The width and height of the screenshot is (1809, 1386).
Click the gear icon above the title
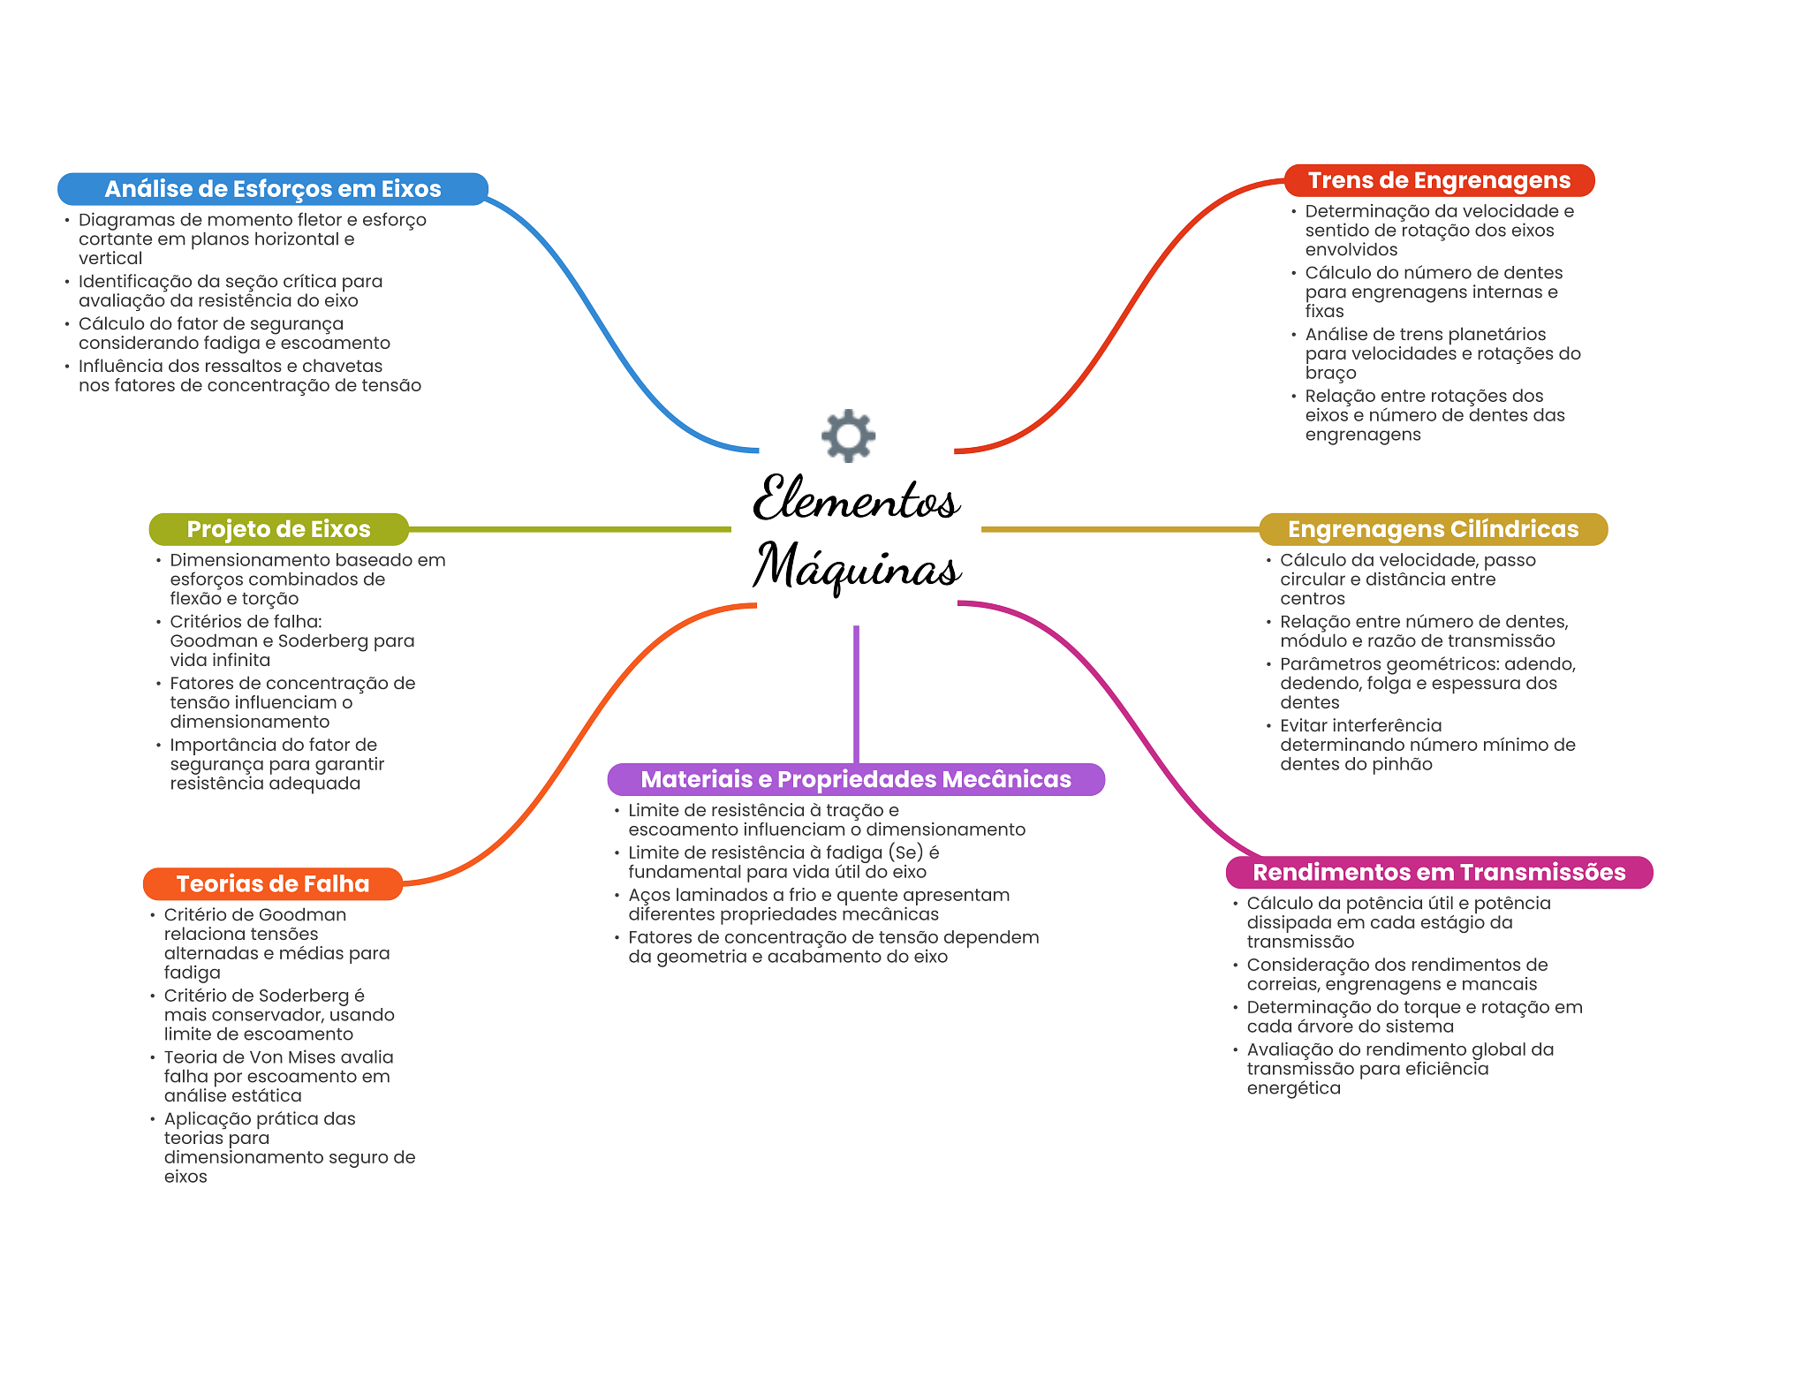(848, 435)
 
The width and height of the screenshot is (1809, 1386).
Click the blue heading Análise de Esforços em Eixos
(273, 189)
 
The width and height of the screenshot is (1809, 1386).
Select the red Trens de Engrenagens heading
(1439, 180)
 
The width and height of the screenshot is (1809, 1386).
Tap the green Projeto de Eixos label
(278, 529)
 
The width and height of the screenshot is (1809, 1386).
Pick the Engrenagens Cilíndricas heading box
(1433, 529)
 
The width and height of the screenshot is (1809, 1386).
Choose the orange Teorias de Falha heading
(272, 884)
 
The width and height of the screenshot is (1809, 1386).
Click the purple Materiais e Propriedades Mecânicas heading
(856, 779)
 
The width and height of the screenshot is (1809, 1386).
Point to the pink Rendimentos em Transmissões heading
(1439, 873)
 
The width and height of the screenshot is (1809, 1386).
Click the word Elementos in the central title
(856, 499)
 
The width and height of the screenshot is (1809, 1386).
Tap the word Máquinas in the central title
(857, 566)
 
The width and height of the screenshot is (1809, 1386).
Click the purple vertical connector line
(856, 694)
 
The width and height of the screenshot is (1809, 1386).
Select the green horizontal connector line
(570, 529)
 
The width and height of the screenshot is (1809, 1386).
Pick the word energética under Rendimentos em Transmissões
(1293, 1088)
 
